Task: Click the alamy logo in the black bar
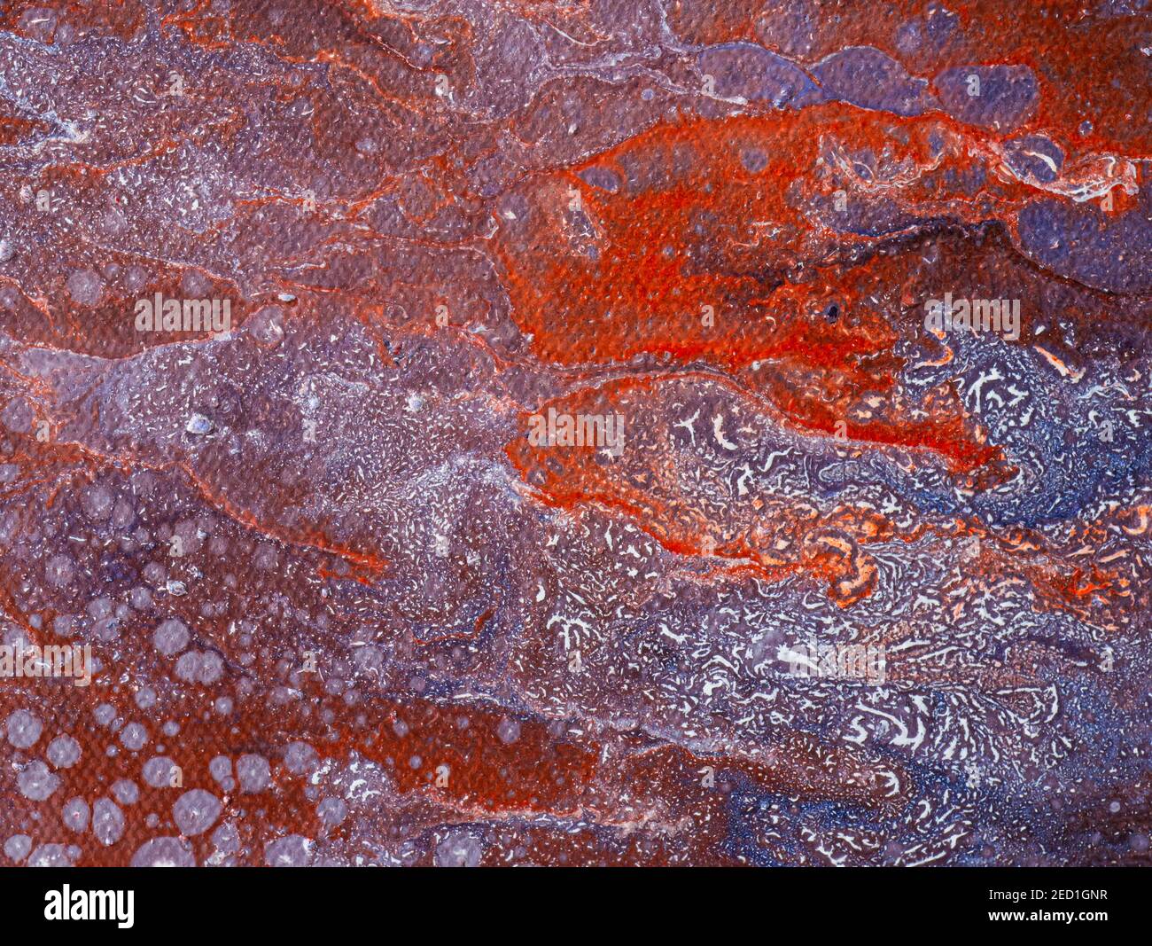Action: click(x=90, y=906)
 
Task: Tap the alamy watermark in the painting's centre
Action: click(x=576, y=427)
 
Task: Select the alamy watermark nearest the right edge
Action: click(x=971, y=315)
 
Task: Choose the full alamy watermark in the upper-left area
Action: click(x=183, y=312)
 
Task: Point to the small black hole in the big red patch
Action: click(x=832, y=310)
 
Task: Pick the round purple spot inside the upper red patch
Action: click(x=753, y=160)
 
